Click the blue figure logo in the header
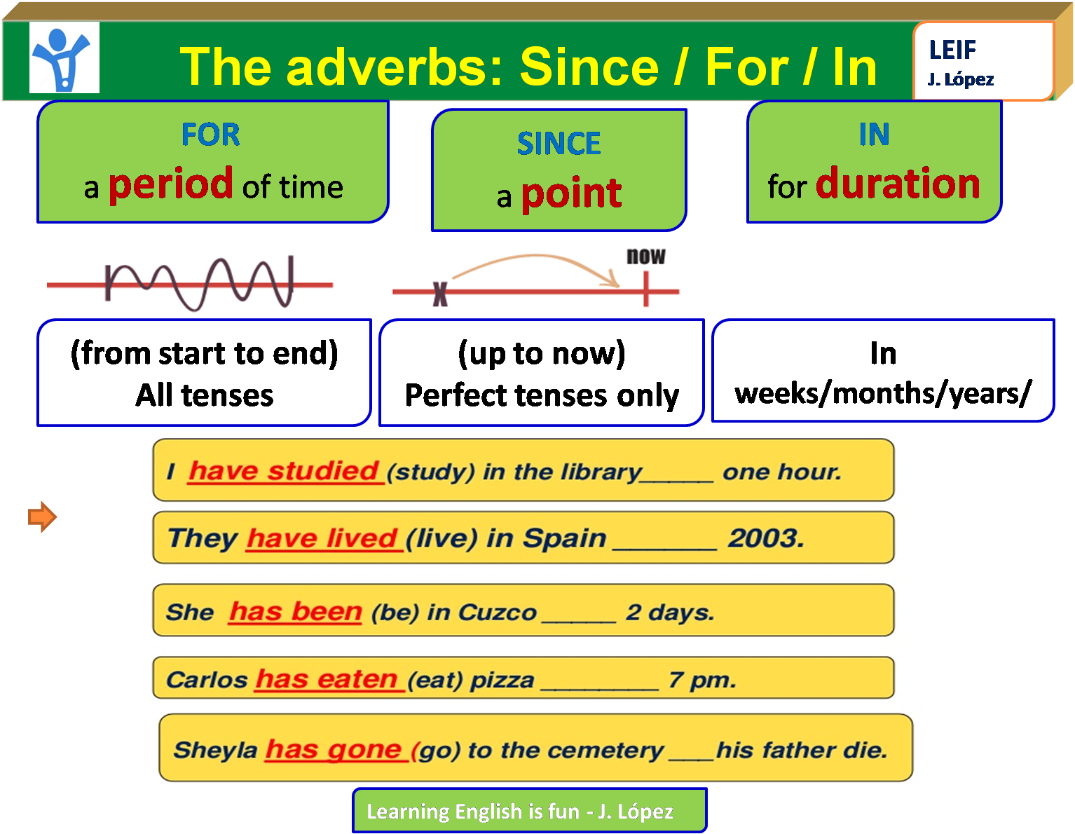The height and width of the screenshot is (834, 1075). pyautogui.click(x=64, y=57)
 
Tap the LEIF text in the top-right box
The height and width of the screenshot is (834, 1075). pyautogui.click(x=952, y=50)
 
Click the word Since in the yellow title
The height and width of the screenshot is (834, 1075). pyautogui.click(x=589, y=67)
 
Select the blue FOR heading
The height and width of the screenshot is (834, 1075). pyautogui.click(x=211, y=135)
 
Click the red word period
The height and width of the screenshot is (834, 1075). pyautogui.click(x=171, y=184)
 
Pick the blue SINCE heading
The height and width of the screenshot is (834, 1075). pyautogui.click(x=559, y=144)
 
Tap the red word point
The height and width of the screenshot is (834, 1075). pyautogui.click(x=571, y=193)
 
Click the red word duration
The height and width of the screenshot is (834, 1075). pyautogui.click(x=898, y=184)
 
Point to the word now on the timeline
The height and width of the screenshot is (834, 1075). pyautogui.click(x=645, y=257)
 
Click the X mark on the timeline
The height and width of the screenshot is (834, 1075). pyautogui.click(x=440, y=294)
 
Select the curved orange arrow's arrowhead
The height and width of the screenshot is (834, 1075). pyautogui.click(x=612, y=282)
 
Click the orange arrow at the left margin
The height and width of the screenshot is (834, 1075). pyautogui.click(x=42, y=517)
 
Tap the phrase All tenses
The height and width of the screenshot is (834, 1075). pyautogui.click(x=204, y=395)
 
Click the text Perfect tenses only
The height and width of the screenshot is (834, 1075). pyautogui.click(x=542, y=395)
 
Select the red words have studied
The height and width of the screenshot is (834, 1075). pyautogui.click(x=284, y=471)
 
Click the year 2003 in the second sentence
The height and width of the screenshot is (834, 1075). pyautogui.click(x=765, y=538)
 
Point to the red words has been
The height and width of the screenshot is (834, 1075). pyautogui.click(x=295, y=612)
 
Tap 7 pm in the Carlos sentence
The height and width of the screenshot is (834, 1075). pyautogui.click(x=702, y=680)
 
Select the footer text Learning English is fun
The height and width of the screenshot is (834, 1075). pyautogui.click(x=473, y=812)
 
